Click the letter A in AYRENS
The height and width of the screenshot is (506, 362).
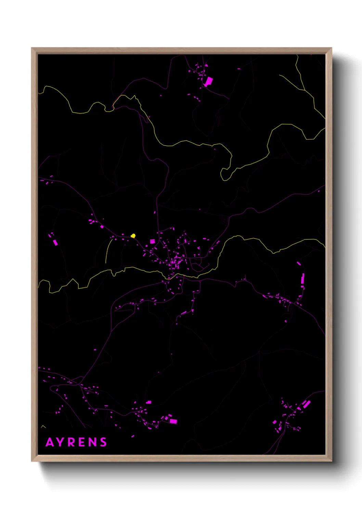click(50, 442)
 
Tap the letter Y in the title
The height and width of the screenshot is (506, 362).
click(62, 442)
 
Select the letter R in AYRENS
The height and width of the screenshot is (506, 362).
click(72, 442)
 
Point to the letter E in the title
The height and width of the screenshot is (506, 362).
click(82, 442)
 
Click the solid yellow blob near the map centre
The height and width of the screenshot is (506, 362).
click(133, 236)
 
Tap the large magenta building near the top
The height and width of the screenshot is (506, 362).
click(208, 81)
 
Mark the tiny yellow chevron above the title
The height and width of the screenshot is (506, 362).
click(43, 426)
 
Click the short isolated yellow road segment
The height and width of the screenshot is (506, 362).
click(108, 250)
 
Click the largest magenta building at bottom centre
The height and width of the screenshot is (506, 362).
click(173, 421)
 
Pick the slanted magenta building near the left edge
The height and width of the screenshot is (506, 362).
click(55, 242)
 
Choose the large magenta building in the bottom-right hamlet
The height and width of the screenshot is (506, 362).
click(306, 404)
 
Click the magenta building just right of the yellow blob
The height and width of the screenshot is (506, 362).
click(152, 241)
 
